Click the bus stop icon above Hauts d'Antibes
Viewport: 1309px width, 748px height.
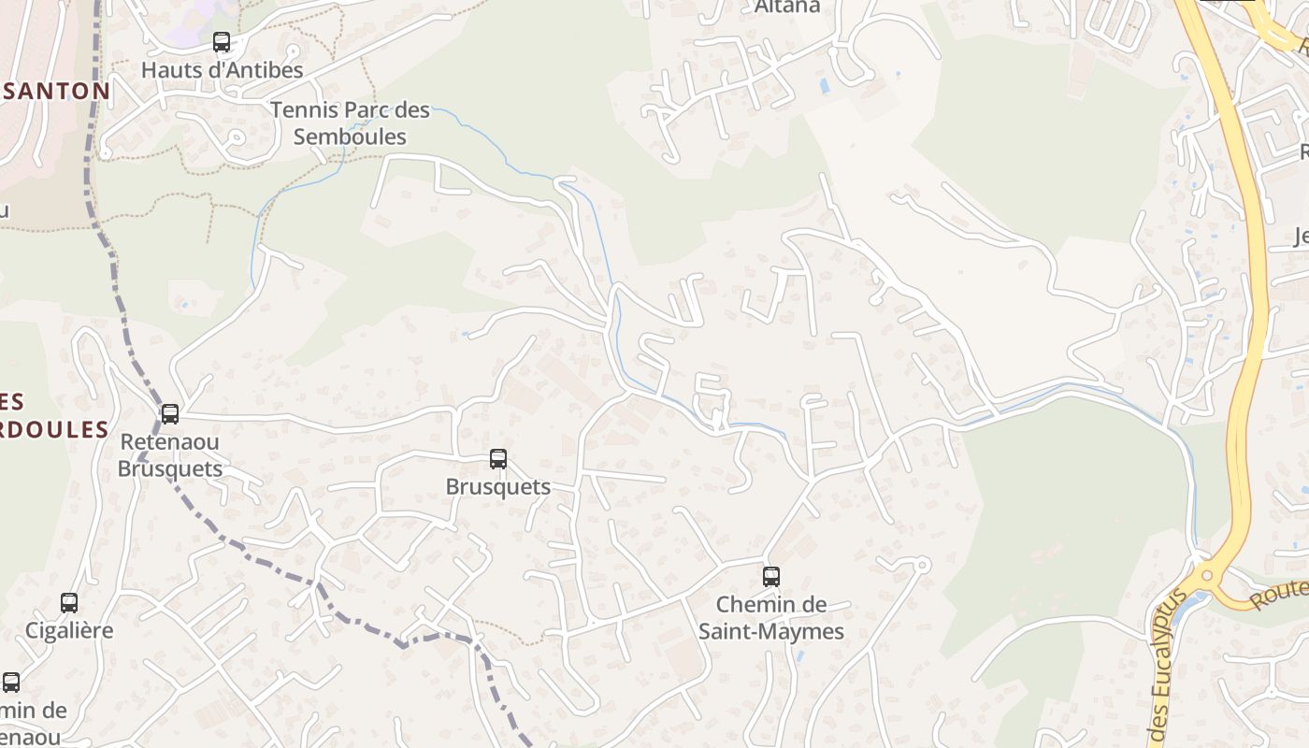(x=222, y=42)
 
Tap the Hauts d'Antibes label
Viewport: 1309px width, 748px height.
(x=223, y=70)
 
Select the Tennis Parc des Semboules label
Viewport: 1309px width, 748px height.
(x=351, y=123)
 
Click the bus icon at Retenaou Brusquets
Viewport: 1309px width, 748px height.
(x=170, y=413)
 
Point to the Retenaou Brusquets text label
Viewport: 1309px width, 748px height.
(x=170, y=454)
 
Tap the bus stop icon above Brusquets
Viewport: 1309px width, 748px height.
(x=498, y=459)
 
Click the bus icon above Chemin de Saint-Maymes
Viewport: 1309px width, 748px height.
(x=771, y=577)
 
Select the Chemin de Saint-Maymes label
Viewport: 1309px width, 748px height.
(x=771, y=618)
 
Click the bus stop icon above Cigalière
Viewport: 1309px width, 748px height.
(x=69, y=603)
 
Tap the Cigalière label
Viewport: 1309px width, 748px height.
(x=69, y=630)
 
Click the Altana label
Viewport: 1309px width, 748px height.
(x=787, y=7)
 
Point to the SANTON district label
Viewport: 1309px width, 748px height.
(x=56, y=92)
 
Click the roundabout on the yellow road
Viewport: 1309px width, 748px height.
(x=1207, y=576)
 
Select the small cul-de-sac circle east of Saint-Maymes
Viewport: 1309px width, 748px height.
(x=922, y=565)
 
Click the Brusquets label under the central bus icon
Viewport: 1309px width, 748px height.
(x=498, y=487)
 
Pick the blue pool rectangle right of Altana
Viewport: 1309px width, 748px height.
(x=824, y=86)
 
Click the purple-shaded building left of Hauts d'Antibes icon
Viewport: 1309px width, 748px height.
(x=187, y=28)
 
